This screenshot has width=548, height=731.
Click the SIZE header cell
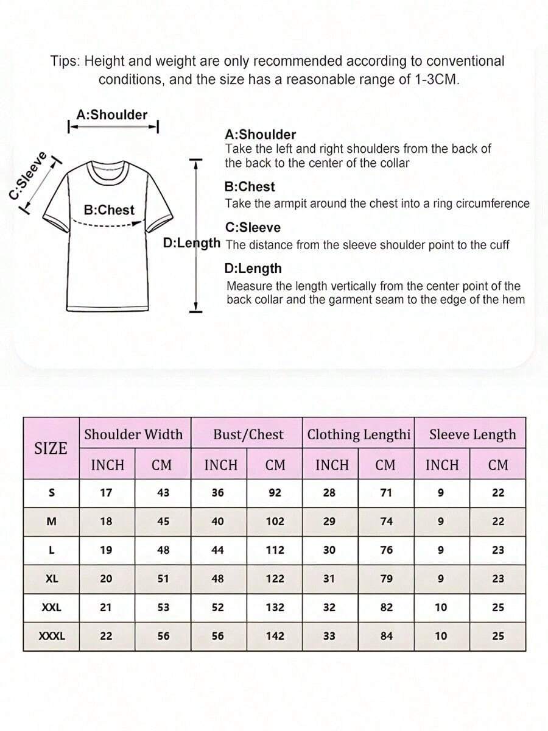point(51,448)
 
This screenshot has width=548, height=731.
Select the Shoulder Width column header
point(133,434)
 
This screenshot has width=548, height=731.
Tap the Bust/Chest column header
point(248,434)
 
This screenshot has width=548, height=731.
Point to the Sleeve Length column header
point(472,434)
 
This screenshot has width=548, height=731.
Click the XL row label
point(52,579)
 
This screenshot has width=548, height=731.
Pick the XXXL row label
point(52,636)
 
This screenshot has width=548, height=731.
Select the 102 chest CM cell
point(275,521)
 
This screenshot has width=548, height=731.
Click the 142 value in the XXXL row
point(275,636)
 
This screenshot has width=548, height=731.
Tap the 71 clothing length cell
point(386,493)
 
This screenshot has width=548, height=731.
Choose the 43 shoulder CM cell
point(163,493)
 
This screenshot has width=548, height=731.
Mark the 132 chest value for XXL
point(275,607)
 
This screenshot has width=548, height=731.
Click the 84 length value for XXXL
point(386,636)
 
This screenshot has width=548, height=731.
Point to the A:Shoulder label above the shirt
point(112,115)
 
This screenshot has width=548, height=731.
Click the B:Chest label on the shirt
point(109,210)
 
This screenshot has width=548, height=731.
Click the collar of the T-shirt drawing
point(108,171)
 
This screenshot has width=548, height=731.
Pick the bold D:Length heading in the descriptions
point(253,269)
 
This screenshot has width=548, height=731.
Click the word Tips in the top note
point(65,62)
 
